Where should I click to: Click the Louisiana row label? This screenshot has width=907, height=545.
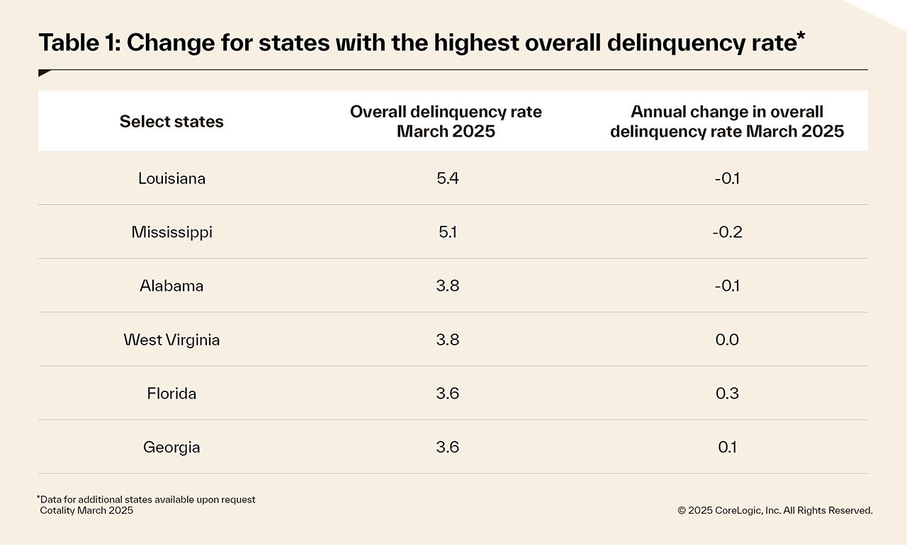pos(171,178)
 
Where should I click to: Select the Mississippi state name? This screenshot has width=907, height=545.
pos(171,232)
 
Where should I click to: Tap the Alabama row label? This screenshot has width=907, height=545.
pos(171,286)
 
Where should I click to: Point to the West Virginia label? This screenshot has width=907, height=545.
pos(171,340)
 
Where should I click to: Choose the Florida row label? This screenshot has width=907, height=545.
pos(171,394)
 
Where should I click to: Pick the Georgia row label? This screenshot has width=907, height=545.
pos(171,447)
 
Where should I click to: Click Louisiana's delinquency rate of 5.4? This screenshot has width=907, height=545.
pos(448,178)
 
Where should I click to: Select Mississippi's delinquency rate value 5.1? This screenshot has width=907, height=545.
pos(447,232)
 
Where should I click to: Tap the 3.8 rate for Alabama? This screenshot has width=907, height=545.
pos(448,286)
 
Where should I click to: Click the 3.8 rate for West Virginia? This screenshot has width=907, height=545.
pos(448,340)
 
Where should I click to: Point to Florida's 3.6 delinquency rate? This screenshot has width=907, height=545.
pos(448,394)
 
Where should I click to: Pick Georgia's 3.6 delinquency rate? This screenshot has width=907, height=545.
pos(448,447)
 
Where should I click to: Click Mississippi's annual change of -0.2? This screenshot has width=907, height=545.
pos(727,232)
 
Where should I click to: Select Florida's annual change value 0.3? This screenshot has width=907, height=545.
pos(727,394)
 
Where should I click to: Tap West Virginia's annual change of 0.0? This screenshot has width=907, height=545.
pos(727,340)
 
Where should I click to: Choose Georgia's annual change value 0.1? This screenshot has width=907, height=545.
pos(727,447)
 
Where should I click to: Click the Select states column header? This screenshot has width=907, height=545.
pos(171,122)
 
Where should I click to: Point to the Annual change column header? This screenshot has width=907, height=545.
pos(727,122)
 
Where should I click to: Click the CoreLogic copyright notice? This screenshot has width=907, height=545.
pos(774,510)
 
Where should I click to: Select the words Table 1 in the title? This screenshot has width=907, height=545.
pos(77,43)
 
